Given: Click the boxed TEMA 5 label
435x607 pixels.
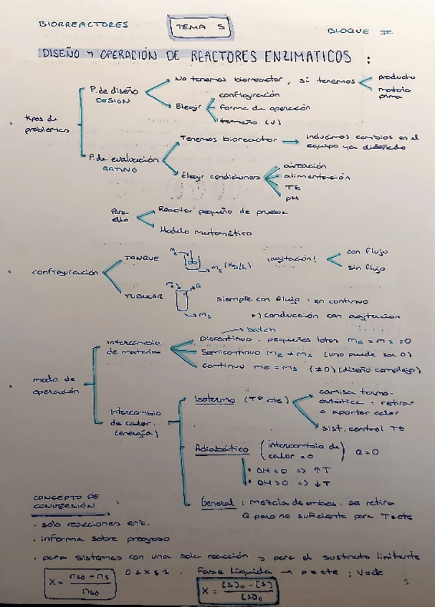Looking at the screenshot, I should tap(200, 27).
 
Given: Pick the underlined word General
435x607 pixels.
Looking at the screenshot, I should tap(218, 504).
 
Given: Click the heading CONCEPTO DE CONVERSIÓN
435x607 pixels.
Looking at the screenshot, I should tap(66, 500).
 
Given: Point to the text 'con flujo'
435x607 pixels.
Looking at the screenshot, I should tap(366, 251).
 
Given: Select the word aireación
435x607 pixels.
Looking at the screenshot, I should tap(300, 165).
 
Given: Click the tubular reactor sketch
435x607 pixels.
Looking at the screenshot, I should tap(181, 300).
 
